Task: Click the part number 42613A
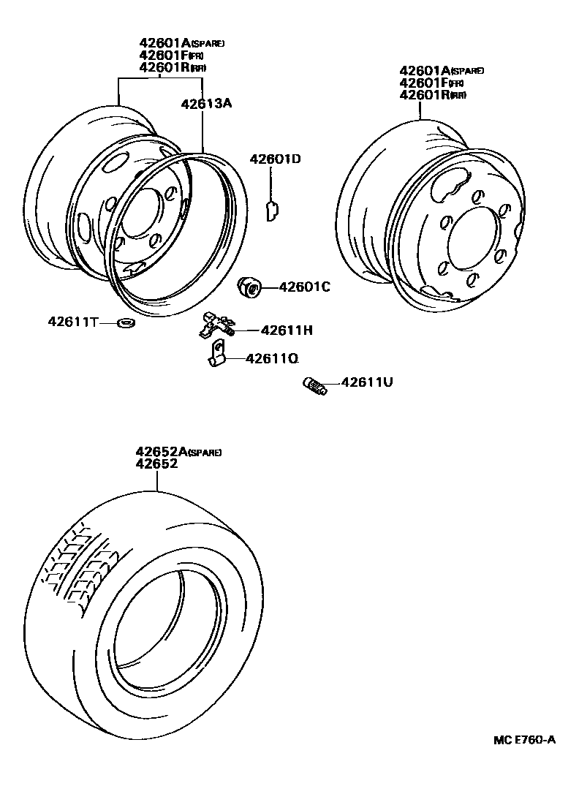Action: tap(206, 104)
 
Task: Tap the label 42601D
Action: tap(275, 159)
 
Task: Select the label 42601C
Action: tap(305, 287)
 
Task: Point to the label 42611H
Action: tap(287, 330)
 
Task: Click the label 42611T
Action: tap(73, 321)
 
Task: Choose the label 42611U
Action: tap(367, 382)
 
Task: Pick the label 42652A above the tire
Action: tap(161, 452)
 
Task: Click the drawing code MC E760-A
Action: tap(523, 739)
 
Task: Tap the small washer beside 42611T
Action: tap(126, 322)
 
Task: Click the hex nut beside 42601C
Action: tap(250, 287)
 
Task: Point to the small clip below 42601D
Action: tap(271, 211)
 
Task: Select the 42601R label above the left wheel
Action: tap(165, 67)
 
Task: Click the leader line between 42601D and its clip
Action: tap(271, 183)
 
